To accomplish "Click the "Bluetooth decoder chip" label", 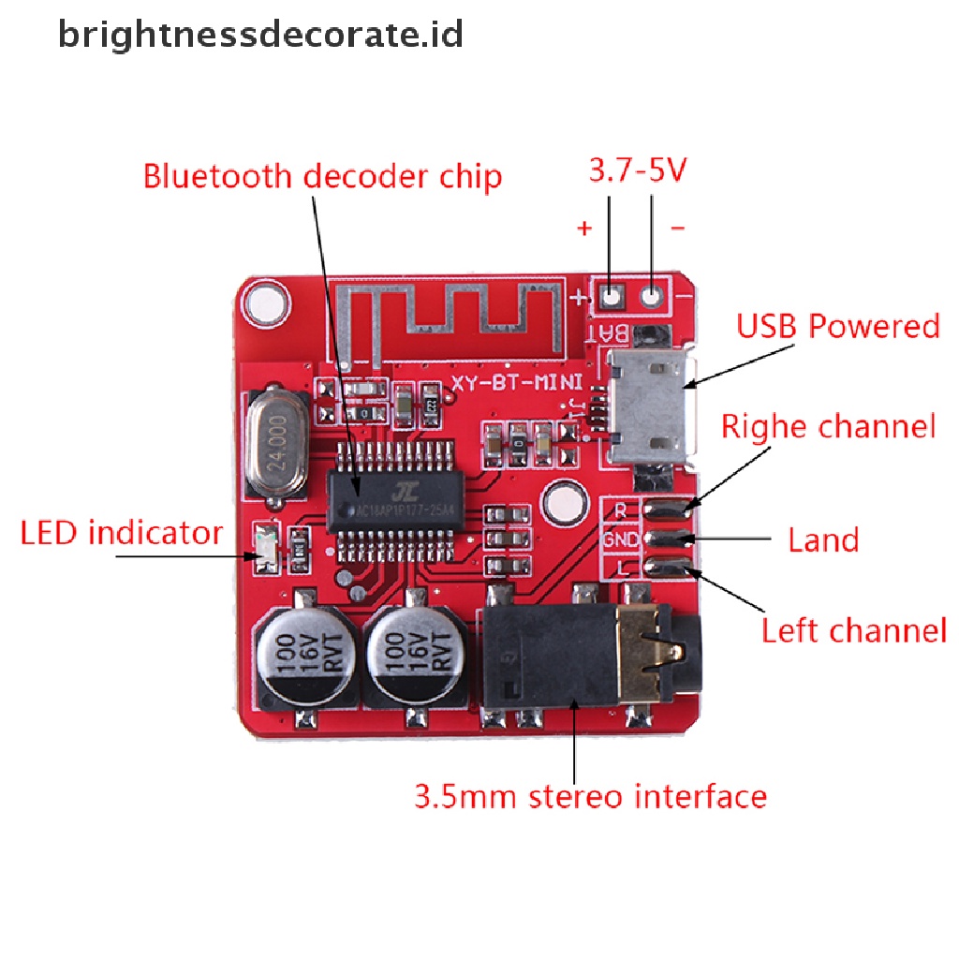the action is coord(322,176).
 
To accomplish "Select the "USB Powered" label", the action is coord(837,327).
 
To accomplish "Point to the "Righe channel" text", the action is coord(828,427).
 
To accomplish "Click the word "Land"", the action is coord(823,540).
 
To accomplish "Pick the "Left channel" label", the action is coord(853,630).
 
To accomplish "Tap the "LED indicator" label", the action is coord(122,534).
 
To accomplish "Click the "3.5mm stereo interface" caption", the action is coord(590,797).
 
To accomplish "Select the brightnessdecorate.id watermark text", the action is coord(261,36).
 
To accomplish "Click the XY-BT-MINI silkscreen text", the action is coord(517,382).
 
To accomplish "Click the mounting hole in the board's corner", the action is coord(263,304).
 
